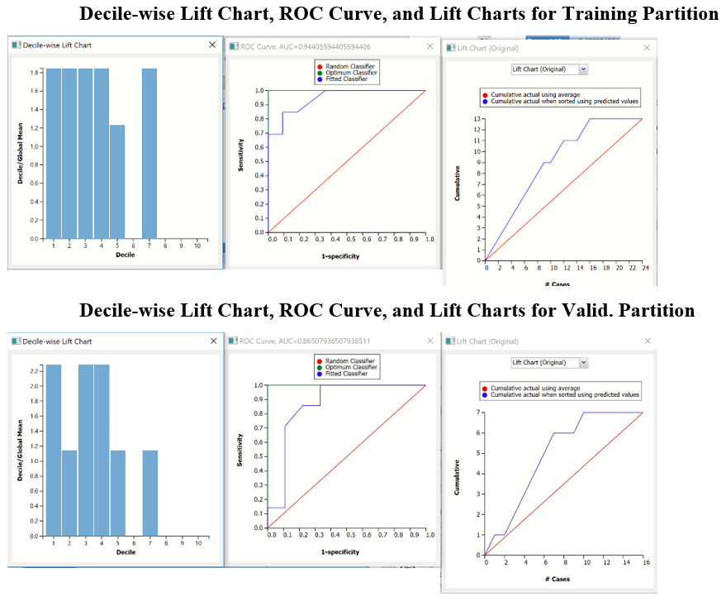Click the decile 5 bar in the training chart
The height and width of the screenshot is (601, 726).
(x=117, y=181)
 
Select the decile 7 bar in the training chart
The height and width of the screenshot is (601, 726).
(x=149, y=153)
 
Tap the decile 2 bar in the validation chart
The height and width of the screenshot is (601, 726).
(x=69, y=493)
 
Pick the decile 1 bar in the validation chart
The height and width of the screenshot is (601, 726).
(x=54, y=450)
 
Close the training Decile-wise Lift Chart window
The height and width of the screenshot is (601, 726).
(x=212, y=46)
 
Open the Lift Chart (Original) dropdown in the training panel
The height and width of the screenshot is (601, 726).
(x=584, y=70)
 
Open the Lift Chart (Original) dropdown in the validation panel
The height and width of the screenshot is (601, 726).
(x=584, y=362)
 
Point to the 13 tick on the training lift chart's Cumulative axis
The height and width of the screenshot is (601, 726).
(x=477, y=119)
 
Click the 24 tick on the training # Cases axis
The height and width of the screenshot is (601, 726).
(x=644, y=268)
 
